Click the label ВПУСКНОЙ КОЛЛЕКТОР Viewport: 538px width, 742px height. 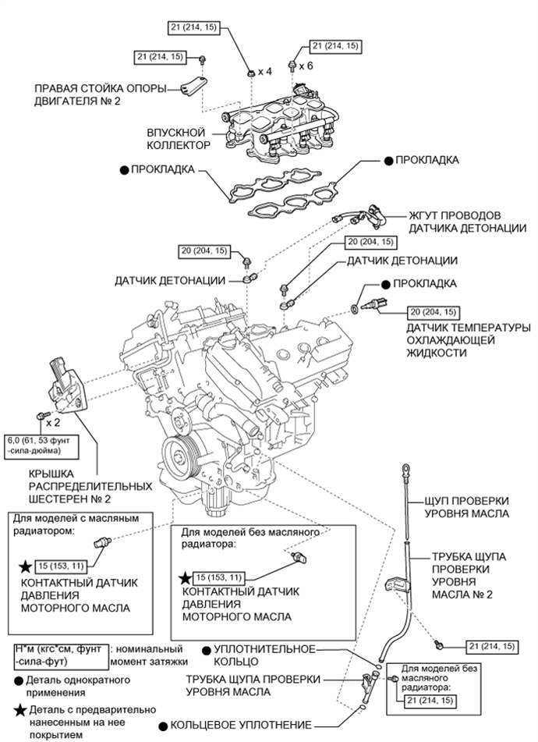179,139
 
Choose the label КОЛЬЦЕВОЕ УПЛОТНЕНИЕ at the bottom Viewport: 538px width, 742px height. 237,725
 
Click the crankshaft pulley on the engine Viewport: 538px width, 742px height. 180,455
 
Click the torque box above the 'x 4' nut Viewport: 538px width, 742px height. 195,29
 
